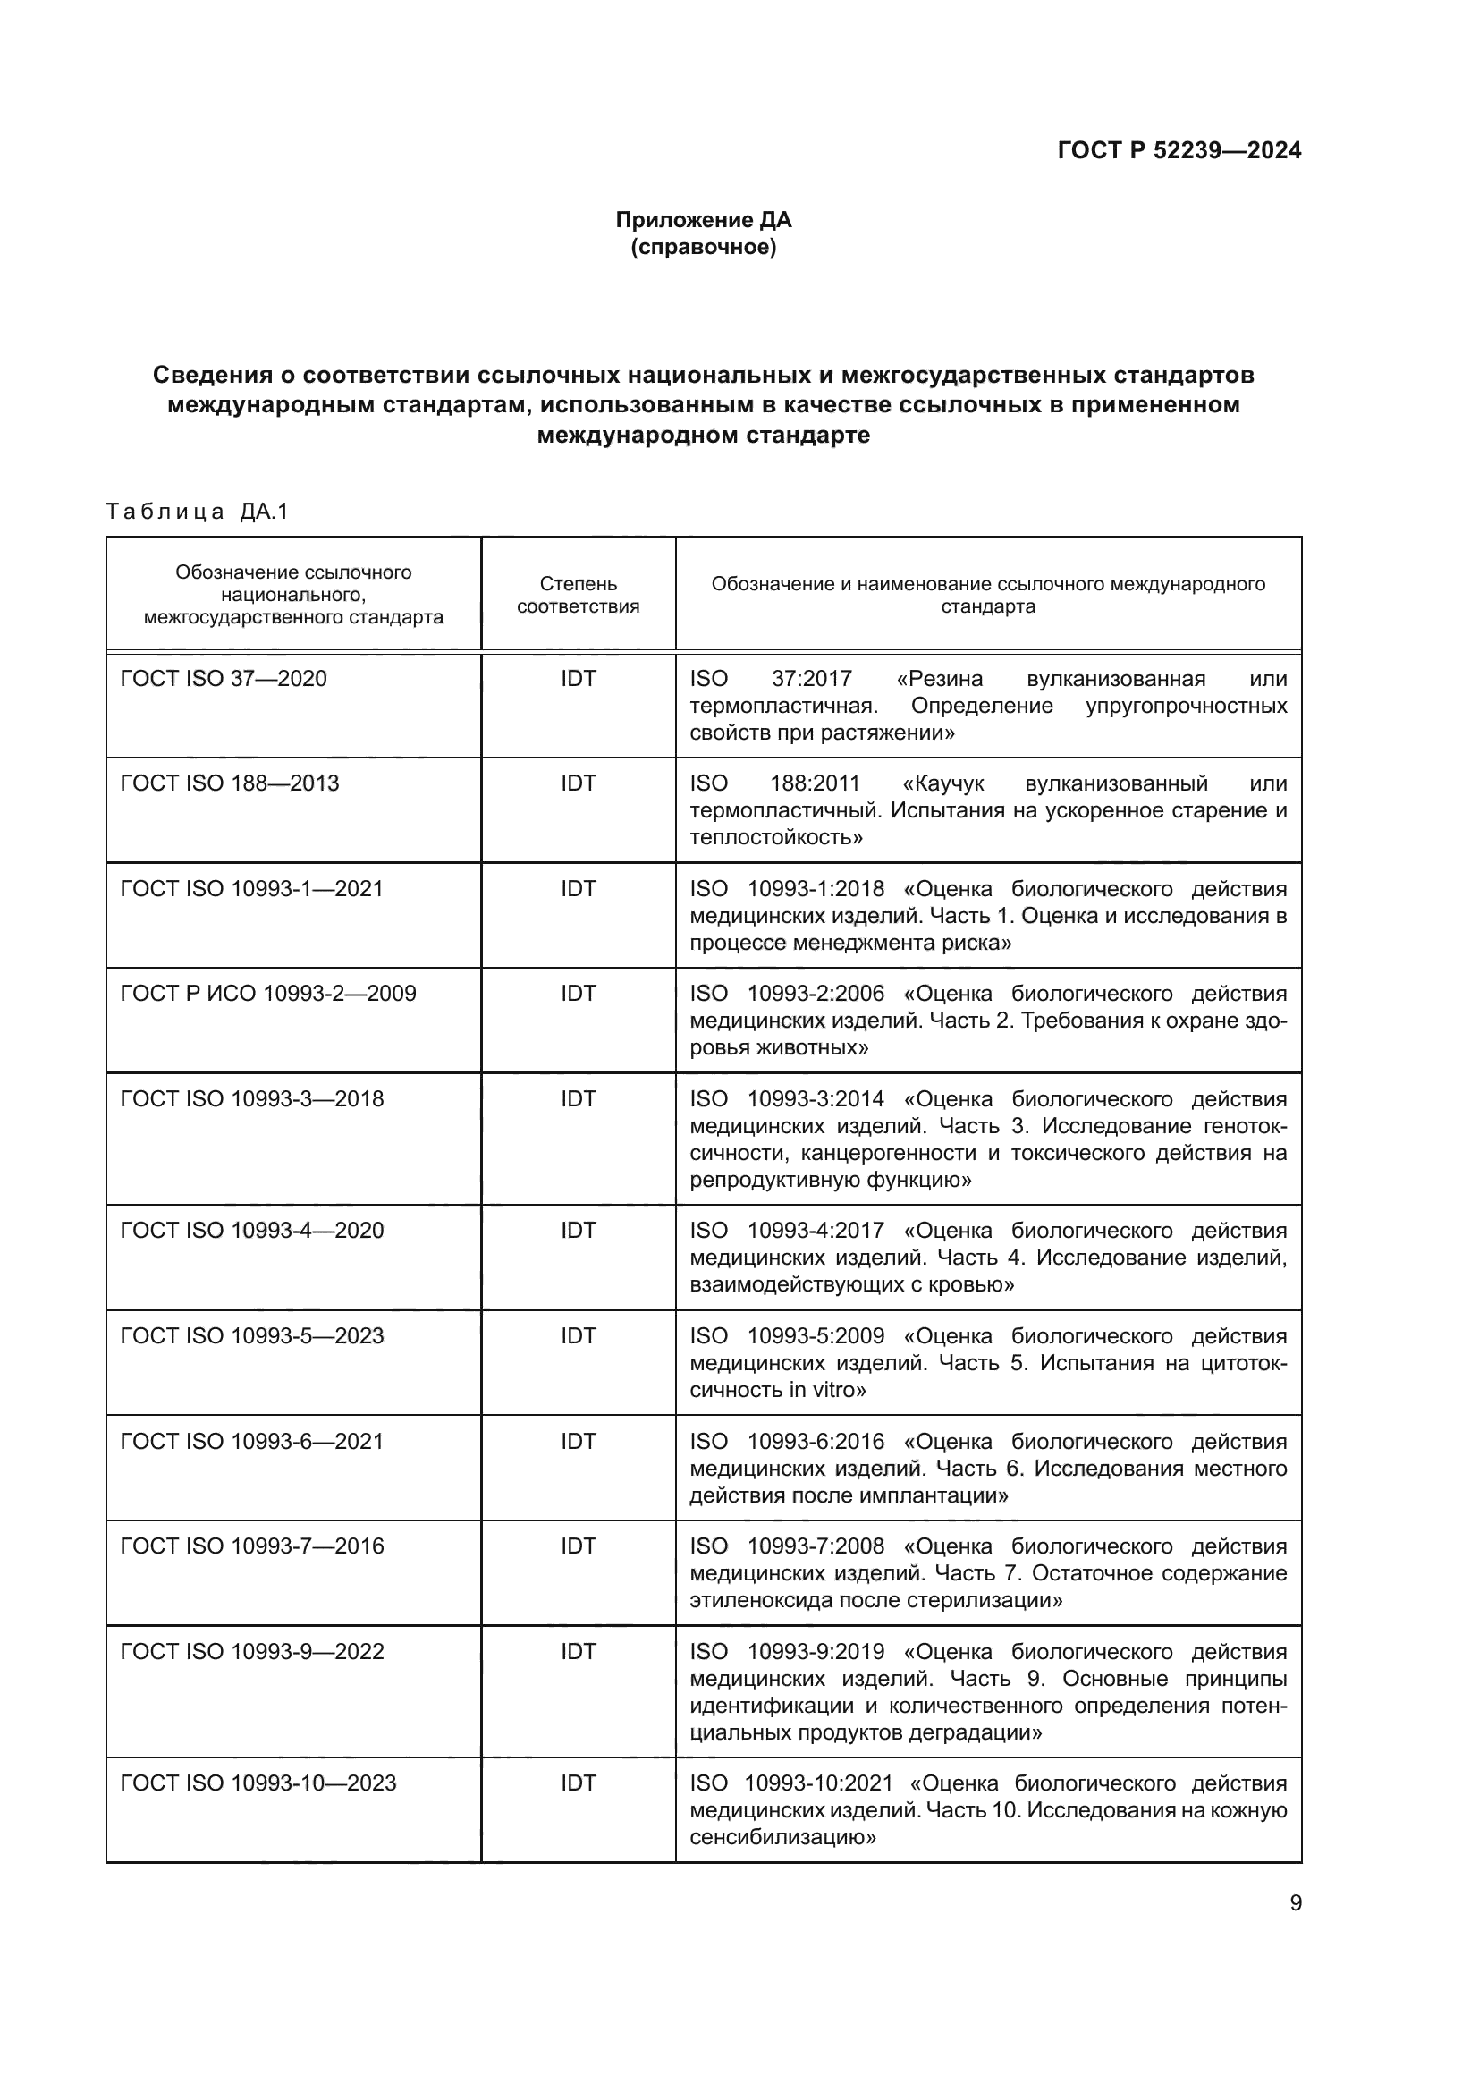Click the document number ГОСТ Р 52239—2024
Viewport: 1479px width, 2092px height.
pyautogui.click(x=1179, y=150)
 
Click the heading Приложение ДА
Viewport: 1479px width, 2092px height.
pyautogui.click(x=703, y=220)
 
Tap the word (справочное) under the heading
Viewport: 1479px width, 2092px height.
pyautogui.click(x=703, y=247)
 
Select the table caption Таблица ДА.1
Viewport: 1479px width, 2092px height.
pyautogui.click(x=197, y=512)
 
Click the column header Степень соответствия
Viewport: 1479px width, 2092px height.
pyautogui.click(x=578, y=595)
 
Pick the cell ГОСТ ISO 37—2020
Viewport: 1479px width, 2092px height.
pyautogui.click(x=224, y=679)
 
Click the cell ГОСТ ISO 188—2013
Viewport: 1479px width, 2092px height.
pyautogui.click(x=230, y=783)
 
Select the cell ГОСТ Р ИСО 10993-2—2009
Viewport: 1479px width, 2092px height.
pyautogui.click(x=267, y=993)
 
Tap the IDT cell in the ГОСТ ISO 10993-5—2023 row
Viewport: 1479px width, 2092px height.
pyautogui.click(x=578, y=1335)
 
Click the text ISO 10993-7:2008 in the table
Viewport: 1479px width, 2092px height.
pyautogui.click(x=787, y=1546)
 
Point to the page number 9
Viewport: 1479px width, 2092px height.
pyautogui.click(x=1295, y=1903)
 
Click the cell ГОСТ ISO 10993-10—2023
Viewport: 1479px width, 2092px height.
pyautogui.click(x=258, y=1783)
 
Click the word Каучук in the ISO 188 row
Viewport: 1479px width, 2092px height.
pyautogui.click(x=950, y=783)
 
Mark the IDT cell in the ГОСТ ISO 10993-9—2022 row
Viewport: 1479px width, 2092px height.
pyautogui.click(x=578, y=1652)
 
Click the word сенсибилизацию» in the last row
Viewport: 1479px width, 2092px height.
pyautogui.click(x=782, y=1837)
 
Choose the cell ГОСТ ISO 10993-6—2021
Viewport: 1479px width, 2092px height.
pyautogui.click(x=251, y=1442)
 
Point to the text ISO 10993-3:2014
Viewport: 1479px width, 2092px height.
pyautogui.click(x=787, y=1099)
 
